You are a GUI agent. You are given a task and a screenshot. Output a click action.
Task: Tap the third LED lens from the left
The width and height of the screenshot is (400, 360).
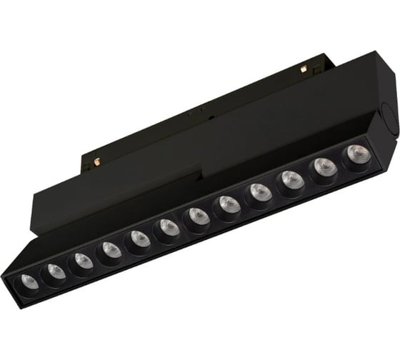coord(84,261)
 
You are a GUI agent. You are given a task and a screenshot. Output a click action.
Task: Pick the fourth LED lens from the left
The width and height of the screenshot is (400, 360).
coord(111,250)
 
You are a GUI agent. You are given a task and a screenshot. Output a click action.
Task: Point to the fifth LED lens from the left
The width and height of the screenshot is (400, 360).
coord(140,239)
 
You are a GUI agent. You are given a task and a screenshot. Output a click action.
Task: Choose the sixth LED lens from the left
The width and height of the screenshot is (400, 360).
coord(169,228)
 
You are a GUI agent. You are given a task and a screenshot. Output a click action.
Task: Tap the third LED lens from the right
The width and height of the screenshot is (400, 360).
coord(291,180)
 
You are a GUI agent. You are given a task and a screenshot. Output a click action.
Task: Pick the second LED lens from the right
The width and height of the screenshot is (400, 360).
coord(324,168)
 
